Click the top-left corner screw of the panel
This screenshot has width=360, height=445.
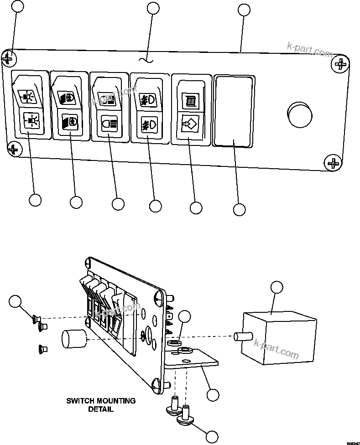(x=9, y=58)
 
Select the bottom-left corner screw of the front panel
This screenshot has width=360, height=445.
(x=14, y=149)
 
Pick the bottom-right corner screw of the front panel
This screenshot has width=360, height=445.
(x=334, y=162)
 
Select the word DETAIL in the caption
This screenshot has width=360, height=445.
(x=101, y=409)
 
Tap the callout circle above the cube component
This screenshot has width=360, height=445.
(x=277, y=288)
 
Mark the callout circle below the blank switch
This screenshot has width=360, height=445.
(x=239, y=209)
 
